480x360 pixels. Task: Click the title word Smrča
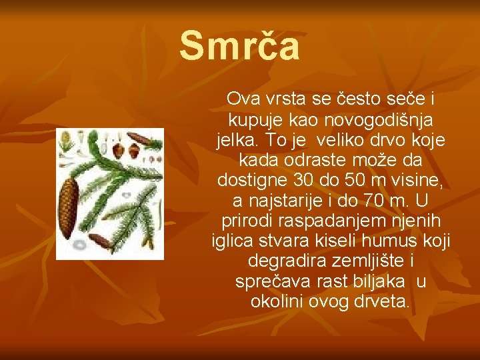click(239, 46)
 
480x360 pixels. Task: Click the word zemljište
click(365, 261)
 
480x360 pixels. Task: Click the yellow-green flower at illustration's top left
click(67, 141)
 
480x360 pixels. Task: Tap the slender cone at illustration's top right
click(141, 139)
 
